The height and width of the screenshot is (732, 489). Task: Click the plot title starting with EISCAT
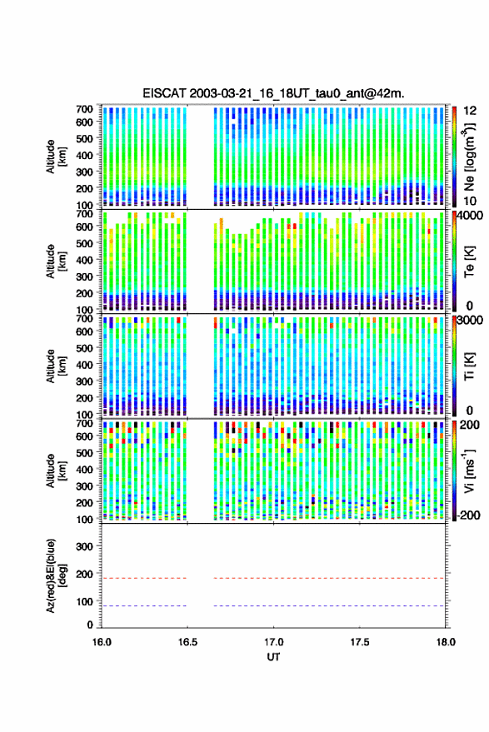click(273, 93)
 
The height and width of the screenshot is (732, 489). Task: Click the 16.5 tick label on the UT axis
click(187, 642)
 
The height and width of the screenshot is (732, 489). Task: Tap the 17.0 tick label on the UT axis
click(273, 642)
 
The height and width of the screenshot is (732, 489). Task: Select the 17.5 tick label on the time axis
click(359, 642)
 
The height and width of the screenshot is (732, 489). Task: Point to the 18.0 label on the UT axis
click(446, 642)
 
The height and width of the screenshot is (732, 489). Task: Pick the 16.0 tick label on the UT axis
click(102, 642)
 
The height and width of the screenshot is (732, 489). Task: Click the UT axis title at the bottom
click(273, 657)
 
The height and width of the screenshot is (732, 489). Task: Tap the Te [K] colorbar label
click(469, 261)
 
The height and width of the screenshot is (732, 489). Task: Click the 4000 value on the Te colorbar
click(471, 217)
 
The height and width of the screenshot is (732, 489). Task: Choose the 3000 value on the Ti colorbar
click(471, 321)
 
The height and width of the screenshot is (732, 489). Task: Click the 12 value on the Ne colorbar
click(470, 111)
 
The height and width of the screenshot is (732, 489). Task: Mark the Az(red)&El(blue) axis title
click(56, 575)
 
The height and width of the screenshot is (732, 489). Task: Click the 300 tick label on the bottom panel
click(84, 546)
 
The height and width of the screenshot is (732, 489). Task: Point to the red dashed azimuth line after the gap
click(329, 578)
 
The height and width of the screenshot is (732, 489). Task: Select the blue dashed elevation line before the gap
click(144, 606)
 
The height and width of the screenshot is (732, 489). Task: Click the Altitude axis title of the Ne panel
click(56, 157)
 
